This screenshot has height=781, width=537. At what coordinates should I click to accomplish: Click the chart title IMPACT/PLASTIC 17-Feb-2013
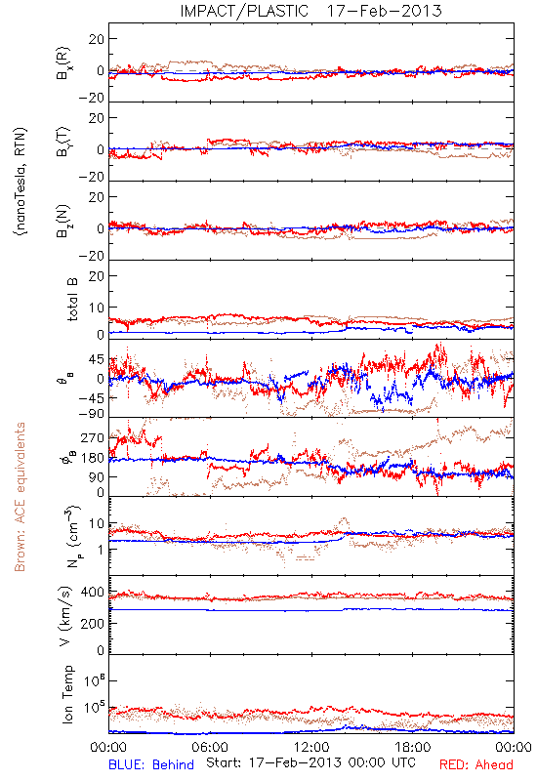click(x=310, y=11)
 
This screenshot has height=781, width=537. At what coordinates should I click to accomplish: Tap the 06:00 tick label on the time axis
click(x=210, y=747)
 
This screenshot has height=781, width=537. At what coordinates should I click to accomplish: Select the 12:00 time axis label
click(x=311, y=747)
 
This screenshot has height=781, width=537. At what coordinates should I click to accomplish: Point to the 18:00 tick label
click(x=413, y=747)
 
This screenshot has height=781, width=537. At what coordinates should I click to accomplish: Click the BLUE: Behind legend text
click(x=151, y=764)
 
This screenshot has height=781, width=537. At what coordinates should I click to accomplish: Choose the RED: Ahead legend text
click(x=476, y=764)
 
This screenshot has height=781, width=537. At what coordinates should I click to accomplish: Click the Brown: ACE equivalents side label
click(x=20, y=497)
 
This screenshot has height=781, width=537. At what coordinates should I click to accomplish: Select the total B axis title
click(x=72, y=299)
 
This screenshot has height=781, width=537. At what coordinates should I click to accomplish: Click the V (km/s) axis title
click(x=65, y=616)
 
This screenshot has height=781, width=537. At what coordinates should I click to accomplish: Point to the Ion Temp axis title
click(x=68, y=694)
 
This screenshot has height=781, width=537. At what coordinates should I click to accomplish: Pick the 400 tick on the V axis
click(x=93, y=593)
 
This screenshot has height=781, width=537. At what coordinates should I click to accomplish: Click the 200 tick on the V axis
click(x=93, y=624)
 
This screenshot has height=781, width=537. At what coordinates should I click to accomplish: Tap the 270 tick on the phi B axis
click(x=93, y=438)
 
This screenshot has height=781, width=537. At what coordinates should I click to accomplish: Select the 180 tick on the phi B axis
click(x=93, y=458)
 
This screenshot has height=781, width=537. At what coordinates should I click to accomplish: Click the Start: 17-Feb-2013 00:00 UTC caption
click(x=310, y=762)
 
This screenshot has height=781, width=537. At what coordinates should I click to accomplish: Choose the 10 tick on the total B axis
click(x=97, y=308)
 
